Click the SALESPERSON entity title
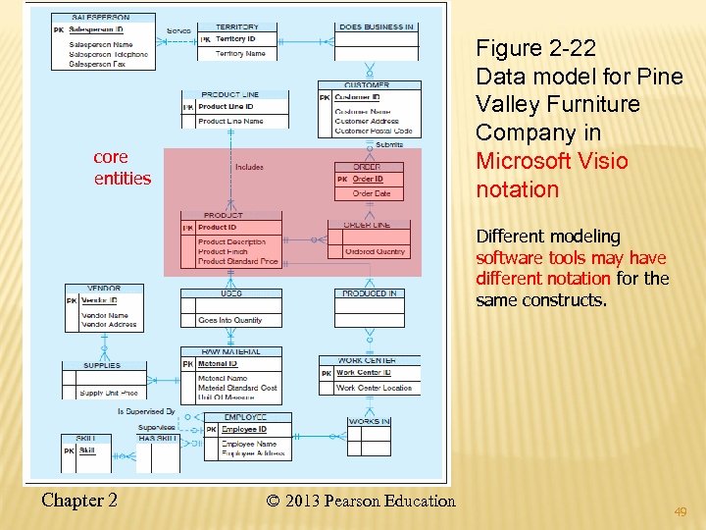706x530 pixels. (x=100, y=17)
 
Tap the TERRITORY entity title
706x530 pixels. (x=237, y=26)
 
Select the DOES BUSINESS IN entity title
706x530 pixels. (x=376, y=26)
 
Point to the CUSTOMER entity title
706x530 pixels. (x=367, y=85)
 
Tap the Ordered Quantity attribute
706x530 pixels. (x=376, y=251)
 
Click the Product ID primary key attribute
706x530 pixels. (x=218, y=228)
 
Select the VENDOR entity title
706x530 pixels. (x=104, y=289)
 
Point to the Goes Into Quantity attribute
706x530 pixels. (x=229, y=320)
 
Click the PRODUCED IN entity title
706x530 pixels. (x=369, y=293)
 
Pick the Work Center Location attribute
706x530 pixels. (x=374, y=388)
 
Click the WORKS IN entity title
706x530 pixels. (x=369, y=421)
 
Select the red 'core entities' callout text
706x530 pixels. (x=123, y=168)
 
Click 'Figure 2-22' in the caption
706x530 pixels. (x=535, y=48)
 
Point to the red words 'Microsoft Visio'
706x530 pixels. (x=551, y=161)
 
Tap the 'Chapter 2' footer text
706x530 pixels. (x=79, y=501)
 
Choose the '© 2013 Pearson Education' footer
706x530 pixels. (x=361, y=502)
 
